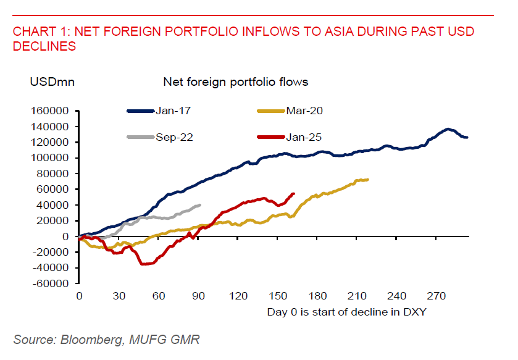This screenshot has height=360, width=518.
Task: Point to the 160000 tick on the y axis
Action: tap(52, 111)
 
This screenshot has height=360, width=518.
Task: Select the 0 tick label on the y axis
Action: tap(69, 237)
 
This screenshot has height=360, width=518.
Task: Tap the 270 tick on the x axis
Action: tap(437, 296)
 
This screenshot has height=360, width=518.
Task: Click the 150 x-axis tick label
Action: tap(278, 296)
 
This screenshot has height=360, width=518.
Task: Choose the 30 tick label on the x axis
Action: tap(119, 296)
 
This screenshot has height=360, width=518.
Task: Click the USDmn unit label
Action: tap(52, 82)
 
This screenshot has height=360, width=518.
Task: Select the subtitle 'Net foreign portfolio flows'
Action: tap(235, 82)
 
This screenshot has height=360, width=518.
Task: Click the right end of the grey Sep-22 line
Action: tap(199, 205)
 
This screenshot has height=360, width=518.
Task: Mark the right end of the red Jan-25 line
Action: tap(293, 193)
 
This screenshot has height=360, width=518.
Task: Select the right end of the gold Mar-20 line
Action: tap(368, 180)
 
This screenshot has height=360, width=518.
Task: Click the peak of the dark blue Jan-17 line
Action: tap(448, 130)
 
